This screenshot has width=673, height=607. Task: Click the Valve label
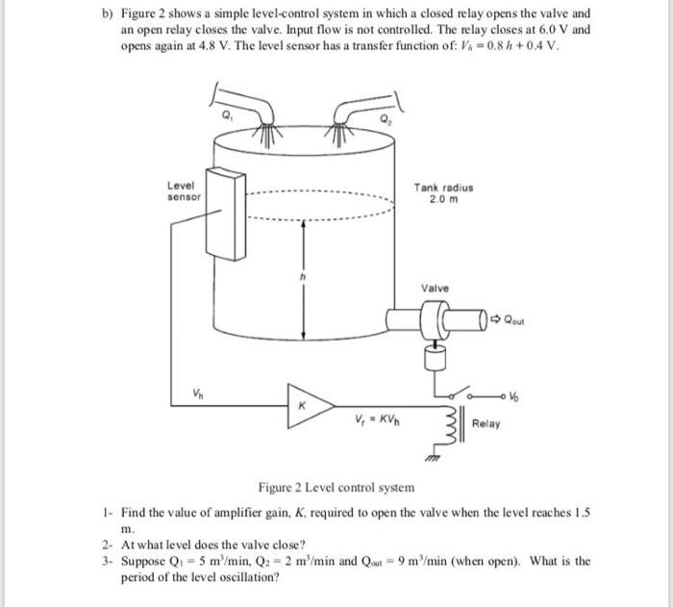(x=435, y=287)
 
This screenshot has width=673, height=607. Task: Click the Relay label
(x=486, y=424)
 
